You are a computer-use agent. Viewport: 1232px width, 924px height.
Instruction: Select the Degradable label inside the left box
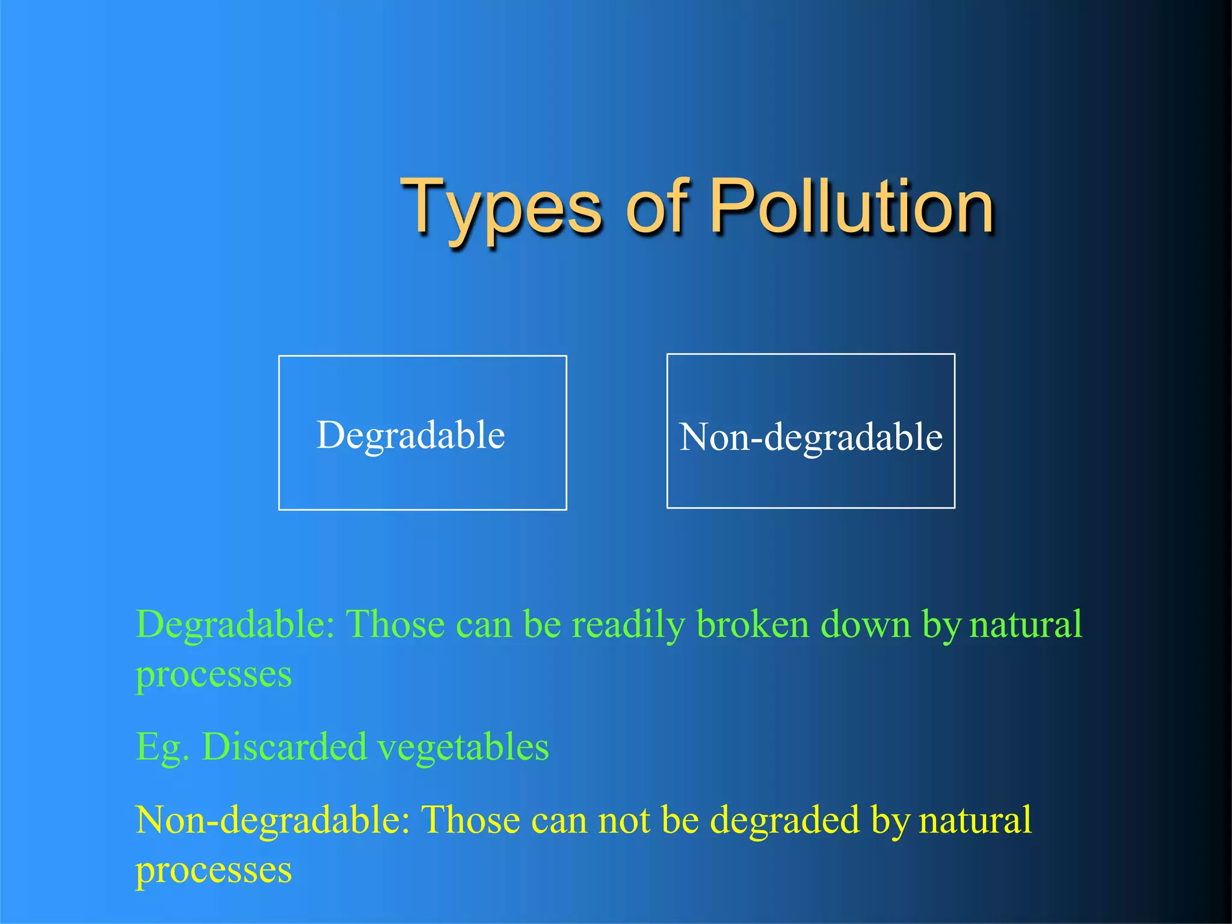[x=411, y=436]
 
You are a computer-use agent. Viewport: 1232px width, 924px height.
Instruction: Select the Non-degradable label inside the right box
[x=811, y=437]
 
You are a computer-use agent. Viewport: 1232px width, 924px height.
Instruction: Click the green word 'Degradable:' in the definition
[x=235, y=626]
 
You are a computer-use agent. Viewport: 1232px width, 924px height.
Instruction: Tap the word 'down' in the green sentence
[x=866, y=626]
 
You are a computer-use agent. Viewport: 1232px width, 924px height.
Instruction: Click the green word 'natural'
[x=1026, y=626]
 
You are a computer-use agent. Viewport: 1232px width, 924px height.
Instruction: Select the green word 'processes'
[x=214, y=675]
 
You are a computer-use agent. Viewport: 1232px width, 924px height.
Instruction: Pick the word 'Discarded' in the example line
[x=284, y=748]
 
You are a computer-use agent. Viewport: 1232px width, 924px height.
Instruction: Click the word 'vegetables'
[x=463, y=748]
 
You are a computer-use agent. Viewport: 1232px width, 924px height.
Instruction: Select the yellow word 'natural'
[x=975, y=821]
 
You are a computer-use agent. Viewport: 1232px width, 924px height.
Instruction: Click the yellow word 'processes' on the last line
[x=214, y=871]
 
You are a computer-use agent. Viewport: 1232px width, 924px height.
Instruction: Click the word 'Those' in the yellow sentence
[x=470, y=821]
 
